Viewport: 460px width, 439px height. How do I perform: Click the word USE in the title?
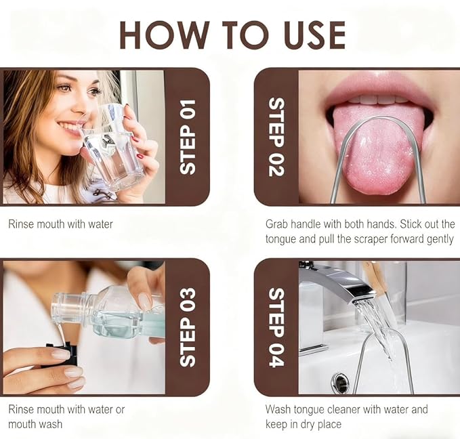[315, 35]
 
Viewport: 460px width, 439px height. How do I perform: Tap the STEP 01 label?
[188, 137]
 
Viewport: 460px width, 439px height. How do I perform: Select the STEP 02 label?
[276, 137]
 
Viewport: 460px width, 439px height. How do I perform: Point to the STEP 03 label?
[188, 327]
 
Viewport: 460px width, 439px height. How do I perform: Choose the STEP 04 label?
[276, 327]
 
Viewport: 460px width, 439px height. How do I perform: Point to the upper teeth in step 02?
[379, 99]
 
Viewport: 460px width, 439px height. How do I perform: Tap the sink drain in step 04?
[339, 381]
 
